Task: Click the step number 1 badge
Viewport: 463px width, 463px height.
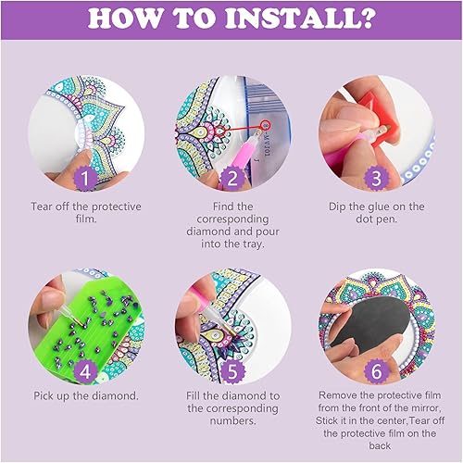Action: (85, 178)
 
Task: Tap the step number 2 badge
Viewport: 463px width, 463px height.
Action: (232, 178)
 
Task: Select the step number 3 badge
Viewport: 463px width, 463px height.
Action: (376, 178)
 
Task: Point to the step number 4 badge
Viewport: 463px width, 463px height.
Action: (85, 371)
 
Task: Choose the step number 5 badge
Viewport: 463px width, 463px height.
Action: (232, 371)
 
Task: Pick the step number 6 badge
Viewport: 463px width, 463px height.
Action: (376, 371)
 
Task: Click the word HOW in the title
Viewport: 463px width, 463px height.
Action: (124, 19)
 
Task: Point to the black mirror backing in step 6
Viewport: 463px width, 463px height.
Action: (369, 324)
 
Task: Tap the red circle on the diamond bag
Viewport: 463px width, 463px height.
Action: (266, 126)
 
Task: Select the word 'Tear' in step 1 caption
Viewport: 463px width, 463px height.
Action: (42, 206)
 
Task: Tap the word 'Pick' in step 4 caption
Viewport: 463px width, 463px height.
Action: (44, 396)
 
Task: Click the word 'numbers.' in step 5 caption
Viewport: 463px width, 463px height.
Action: (233, 420)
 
